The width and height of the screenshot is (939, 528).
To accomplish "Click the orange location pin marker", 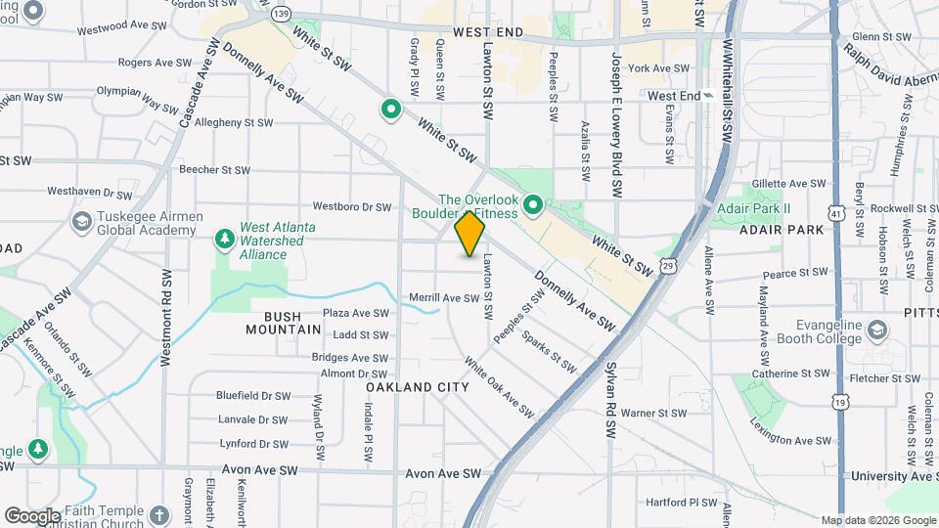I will [470, 234].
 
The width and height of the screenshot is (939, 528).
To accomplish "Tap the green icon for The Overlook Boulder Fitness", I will [533, 205].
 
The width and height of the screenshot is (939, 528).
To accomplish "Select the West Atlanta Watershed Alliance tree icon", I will [225, 238].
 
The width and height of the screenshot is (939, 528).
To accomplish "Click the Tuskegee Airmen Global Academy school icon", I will [81, 222].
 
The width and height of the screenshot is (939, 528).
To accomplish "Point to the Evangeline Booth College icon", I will [877, 331].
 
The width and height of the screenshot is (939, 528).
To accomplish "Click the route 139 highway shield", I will [282, 13].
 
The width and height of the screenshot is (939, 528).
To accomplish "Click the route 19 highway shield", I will [838, 401].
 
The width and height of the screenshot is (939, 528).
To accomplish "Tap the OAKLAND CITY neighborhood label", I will [418, 387].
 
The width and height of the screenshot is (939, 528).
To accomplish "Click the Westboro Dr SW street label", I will [351, 206].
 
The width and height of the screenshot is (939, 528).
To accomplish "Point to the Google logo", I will [32, 515].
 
